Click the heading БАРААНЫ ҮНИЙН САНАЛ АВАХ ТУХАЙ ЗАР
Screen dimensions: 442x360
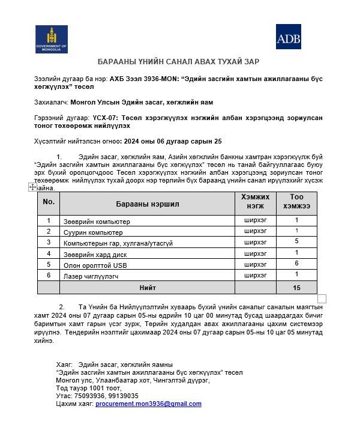[178, 62]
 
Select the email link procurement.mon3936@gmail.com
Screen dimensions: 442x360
[148, 404]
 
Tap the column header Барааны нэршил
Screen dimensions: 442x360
[147, 204]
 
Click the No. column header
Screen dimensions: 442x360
[49, 202]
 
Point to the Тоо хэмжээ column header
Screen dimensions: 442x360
[296, 202]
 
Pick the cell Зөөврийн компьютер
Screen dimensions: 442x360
[97, 222]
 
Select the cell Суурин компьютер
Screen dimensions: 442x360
[93, 232]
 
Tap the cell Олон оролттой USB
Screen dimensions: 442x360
[95, 265]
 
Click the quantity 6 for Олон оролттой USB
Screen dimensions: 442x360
[296, 264]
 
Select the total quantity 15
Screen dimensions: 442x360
[296, 288]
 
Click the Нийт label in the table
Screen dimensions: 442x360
[148, 288]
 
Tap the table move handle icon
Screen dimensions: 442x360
[32, 187]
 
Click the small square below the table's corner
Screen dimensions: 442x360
[322, 299]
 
